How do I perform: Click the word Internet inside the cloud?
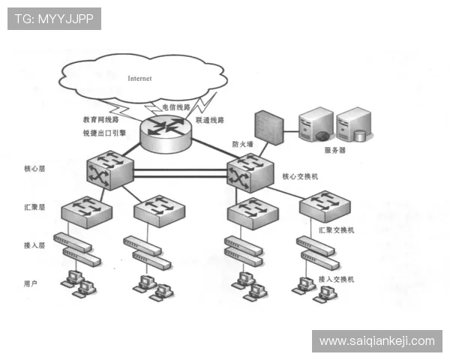139,78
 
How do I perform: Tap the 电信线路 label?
176,107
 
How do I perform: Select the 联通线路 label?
210,120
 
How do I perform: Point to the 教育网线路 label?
100,119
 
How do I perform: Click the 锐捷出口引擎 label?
104,133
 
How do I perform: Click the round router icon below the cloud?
166,133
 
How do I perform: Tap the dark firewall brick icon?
269,127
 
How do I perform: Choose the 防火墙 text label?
243,144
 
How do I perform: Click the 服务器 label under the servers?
335,150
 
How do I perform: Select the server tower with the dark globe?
316,124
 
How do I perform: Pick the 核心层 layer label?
34,169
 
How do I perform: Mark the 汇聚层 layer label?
34,207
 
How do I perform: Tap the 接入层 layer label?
34,245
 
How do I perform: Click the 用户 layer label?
31,283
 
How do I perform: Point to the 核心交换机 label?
300,176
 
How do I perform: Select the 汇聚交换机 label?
336,230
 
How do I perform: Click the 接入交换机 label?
336,279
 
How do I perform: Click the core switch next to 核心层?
110,170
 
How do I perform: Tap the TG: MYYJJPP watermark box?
54,19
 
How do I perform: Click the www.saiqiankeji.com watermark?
377,341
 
